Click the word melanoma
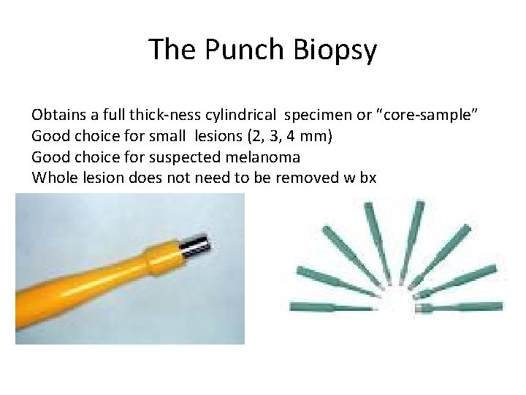point(263,157)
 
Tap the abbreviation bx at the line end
point(367,177)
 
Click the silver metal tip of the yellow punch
point(195,246)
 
